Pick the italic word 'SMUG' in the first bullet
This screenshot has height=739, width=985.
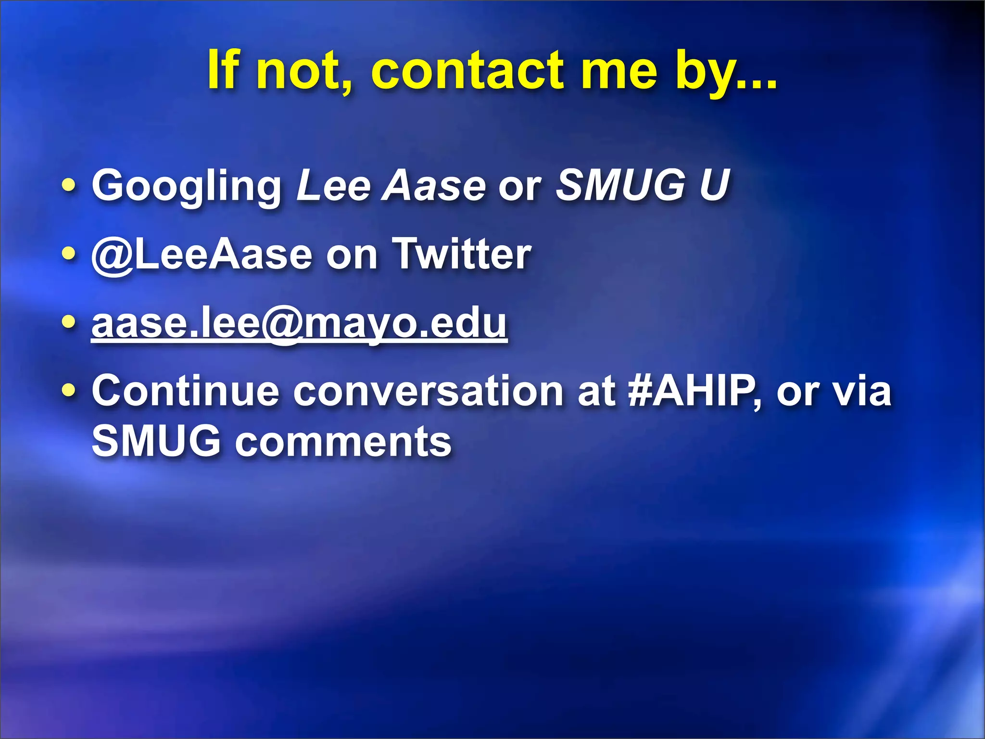click(621, 185)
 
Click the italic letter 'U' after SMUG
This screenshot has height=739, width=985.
click(714, 185)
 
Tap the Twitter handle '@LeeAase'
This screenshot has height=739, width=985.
click(202, 255)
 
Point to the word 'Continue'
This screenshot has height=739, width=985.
click(186, 391)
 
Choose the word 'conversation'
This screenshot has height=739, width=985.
click(428, 391)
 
